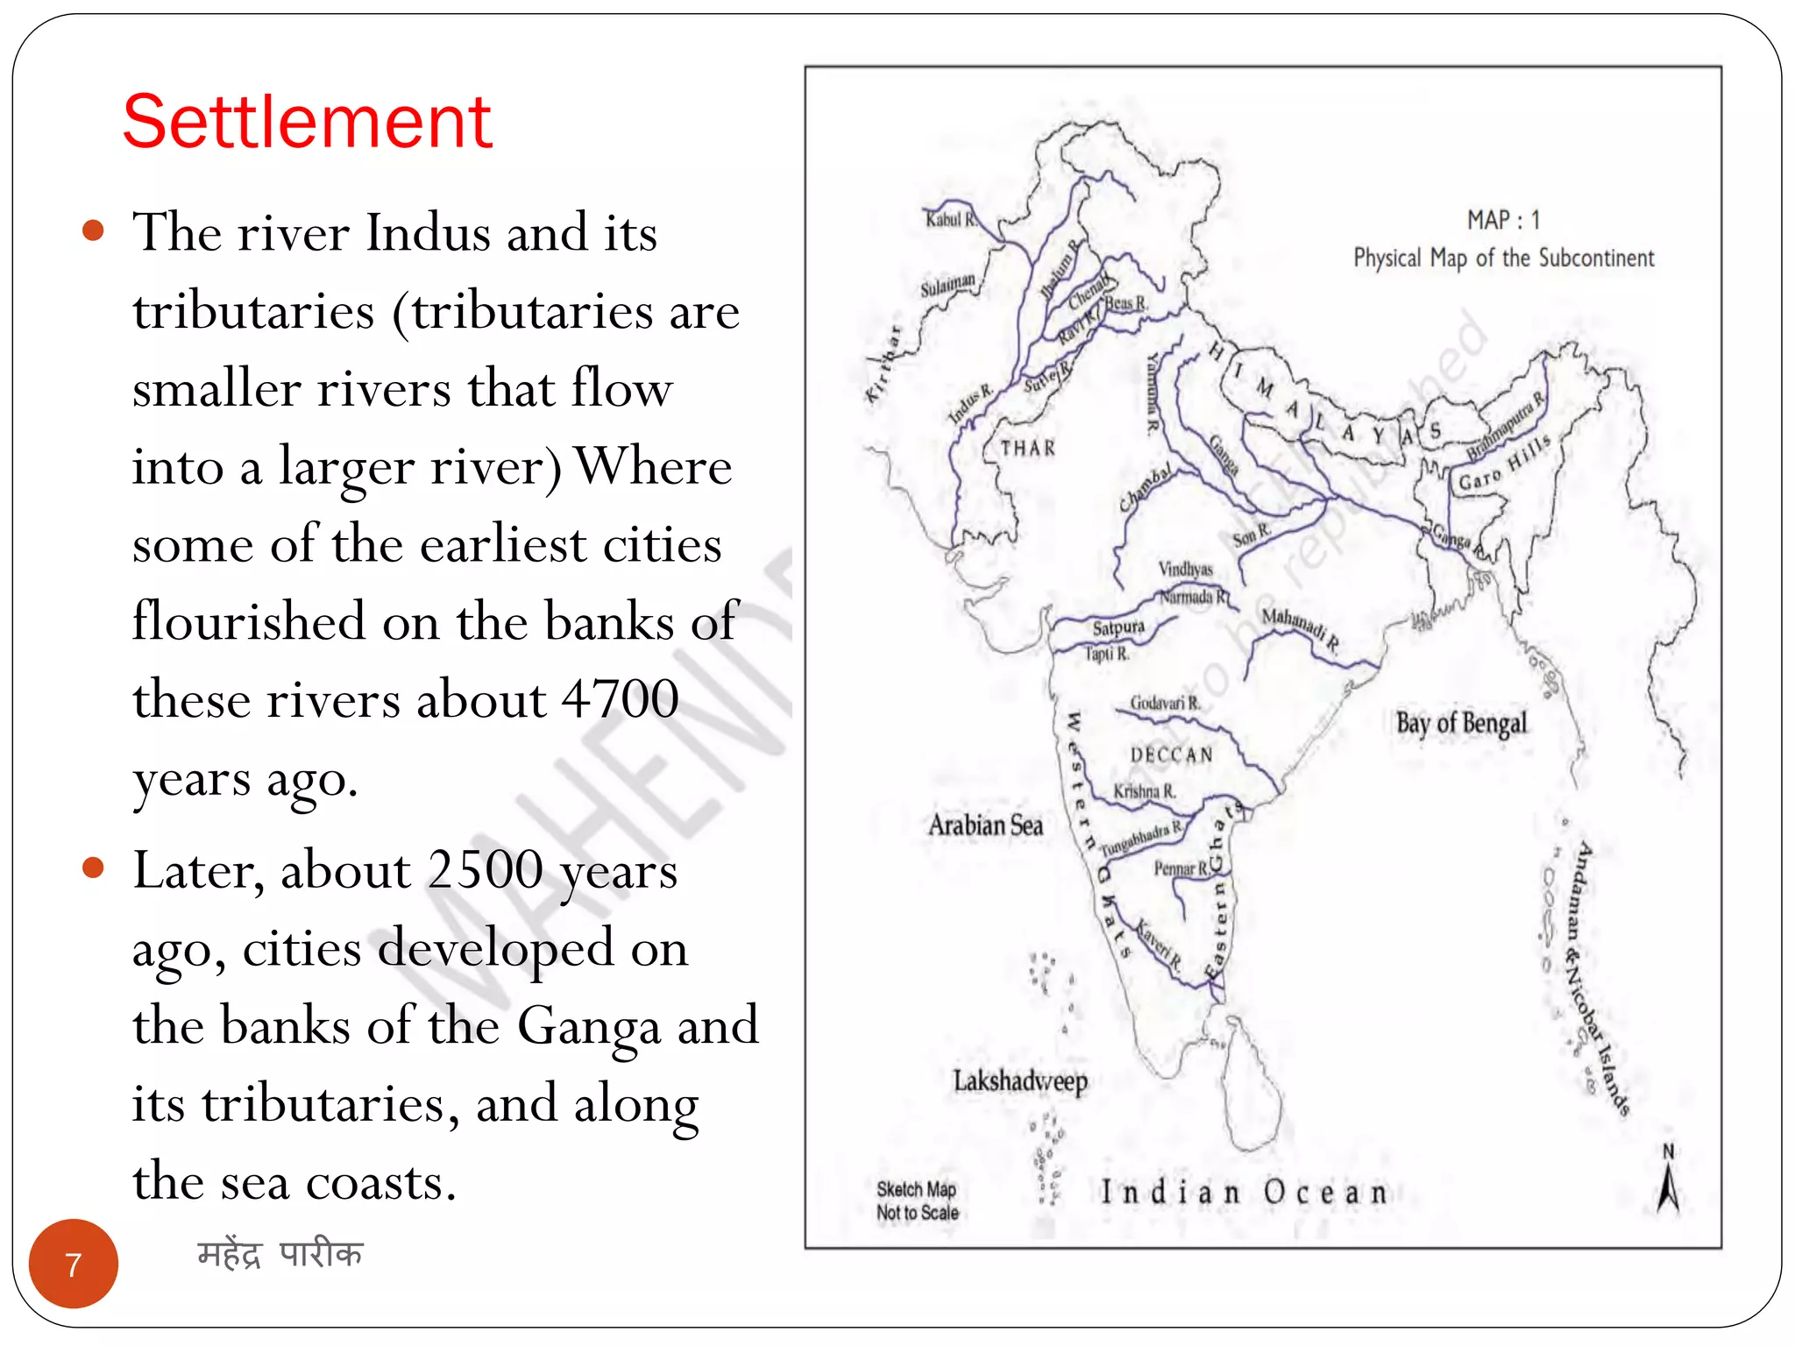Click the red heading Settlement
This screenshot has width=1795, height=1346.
click(307, 123)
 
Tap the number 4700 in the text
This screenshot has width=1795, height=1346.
click(620, 700)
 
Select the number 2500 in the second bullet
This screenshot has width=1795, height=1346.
click(485, 871)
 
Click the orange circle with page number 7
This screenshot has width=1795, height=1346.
click(74, 1264)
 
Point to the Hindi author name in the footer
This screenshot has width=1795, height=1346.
click(280, 1254)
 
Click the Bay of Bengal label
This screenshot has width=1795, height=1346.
click(1460, 724)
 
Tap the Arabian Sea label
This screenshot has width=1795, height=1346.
click(985, 825)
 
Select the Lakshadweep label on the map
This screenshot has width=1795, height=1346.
click(1019, 1081)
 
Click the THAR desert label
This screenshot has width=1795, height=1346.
click(1028, 449)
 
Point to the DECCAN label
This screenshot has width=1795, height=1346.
click(1172, 754)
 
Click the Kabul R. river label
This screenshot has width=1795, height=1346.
click(950, 219)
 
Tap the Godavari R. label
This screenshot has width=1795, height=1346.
click(1164, 703)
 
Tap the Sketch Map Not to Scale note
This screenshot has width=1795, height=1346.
click(917, 1201)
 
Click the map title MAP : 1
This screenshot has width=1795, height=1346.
click(1503, 220)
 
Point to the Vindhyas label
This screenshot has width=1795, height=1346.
click(1185, 570)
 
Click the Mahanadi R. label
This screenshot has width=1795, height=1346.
click(1300, 627)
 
